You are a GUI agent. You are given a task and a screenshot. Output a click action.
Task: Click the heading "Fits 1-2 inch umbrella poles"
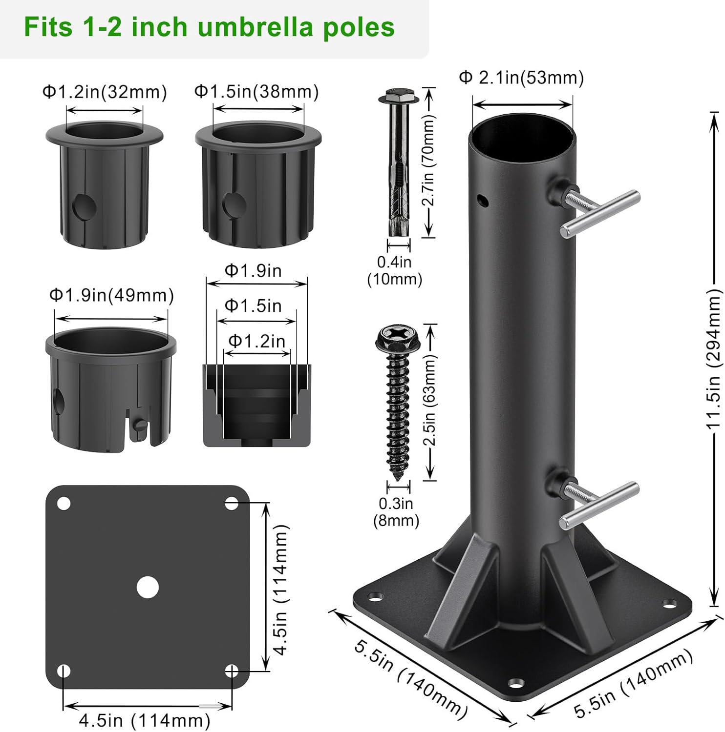coord(209,27)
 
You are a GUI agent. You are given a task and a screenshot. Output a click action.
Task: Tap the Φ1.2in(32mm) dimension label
coord(105,92)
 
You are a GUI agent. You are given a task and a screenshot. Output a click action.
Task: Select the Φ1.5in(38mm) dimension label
coord(256,92)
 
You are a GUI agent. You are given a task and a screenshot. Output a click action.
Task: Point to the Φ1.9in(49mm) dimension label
coord(111,295)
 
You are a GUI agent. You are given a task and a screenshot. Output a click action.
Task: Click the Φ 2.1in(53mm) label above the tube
coord(521,78)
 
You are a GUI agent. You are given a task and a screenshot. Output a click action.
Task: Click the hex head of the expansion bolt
coord(399,96)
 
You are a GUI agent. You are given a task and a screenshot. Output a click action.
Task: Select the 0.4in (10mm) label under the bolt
coord(394,270)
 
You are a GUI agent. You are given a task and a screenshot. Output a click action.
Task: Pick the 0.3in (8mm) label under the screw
coord(396,512)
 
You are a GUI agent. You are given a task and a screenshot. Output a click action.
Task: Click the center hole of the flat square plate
coord(148,588)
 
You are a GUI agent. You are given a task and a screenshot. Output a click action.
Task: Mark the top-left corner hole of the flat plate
coord(64,504)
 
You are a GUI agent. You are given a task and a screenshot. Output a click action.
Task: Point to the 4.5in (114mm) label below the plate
coord(145,720)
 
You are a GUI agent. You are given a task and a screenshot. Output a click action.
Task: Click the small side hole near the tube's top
coord(483,200)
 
